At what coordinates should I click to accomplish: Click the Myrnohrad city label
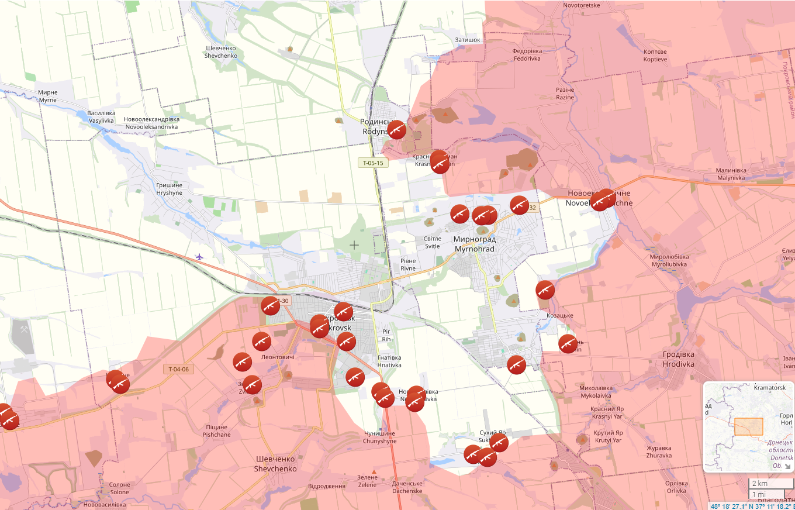point(474,244)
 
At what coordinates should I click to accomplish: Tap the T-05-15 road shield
point(373,163)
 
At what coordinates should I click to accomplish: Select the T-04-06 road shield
point(178,369)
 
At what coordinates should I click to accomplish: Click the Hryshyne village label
point(169,189)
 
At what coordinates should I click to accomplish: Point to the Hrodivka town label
point(678,359)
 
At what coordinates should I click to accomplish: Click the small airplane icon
point(199,257)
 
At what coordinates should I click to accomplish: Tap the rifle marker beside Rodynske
point(397,129)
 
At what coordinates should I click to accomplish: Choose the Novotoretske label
point(581,5)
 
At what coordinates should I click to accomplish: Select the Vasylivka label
point(101,116)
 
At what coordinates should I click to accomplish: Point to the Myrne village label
point(47,96)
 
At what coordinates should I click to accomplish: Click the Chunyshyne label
point(380,437)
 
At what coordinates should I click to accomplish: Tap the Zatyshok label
point(468,40)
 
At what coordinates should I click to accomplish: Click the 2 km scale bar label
point(759,484)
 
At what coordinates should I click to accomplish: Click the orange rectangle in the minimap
point(748,426)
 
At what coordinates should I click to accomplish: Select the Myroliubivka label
point(669,260)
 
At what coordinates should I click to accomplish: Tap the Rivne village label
point(408,264)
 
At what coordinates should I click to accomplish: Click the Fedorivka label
point(527,54)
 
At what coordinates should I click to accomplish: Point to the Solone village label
point(119,488)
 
